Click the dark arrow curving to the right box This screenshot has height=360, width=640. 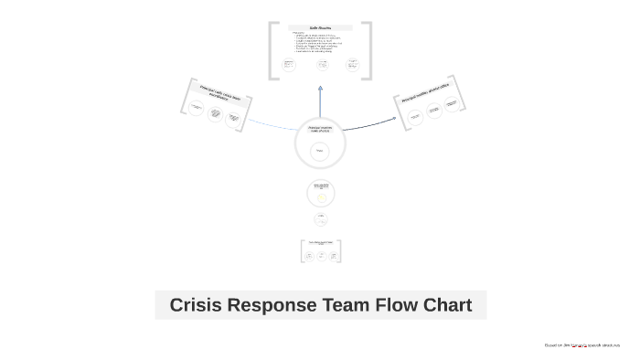point(370,123)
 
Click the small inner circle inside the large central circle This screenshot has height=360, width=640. point(320,151)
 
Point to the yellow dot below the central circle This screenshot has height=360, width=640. point(321,197)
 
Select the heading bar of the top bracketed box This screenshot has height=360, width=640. point(320,27)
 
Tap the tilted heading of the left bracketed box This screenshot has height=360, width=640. point(219,96)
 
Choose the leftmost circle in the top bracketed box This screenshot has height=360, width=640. point(289,64)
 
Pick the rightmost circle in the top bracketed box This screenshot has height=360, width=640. point(352,64)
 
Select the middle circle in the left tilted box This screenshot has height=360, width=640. point(216,113)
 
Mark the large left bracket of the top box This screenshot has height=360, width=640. point(272,51)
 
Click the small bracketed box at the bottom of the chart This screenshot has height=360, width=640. point(320,251)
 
